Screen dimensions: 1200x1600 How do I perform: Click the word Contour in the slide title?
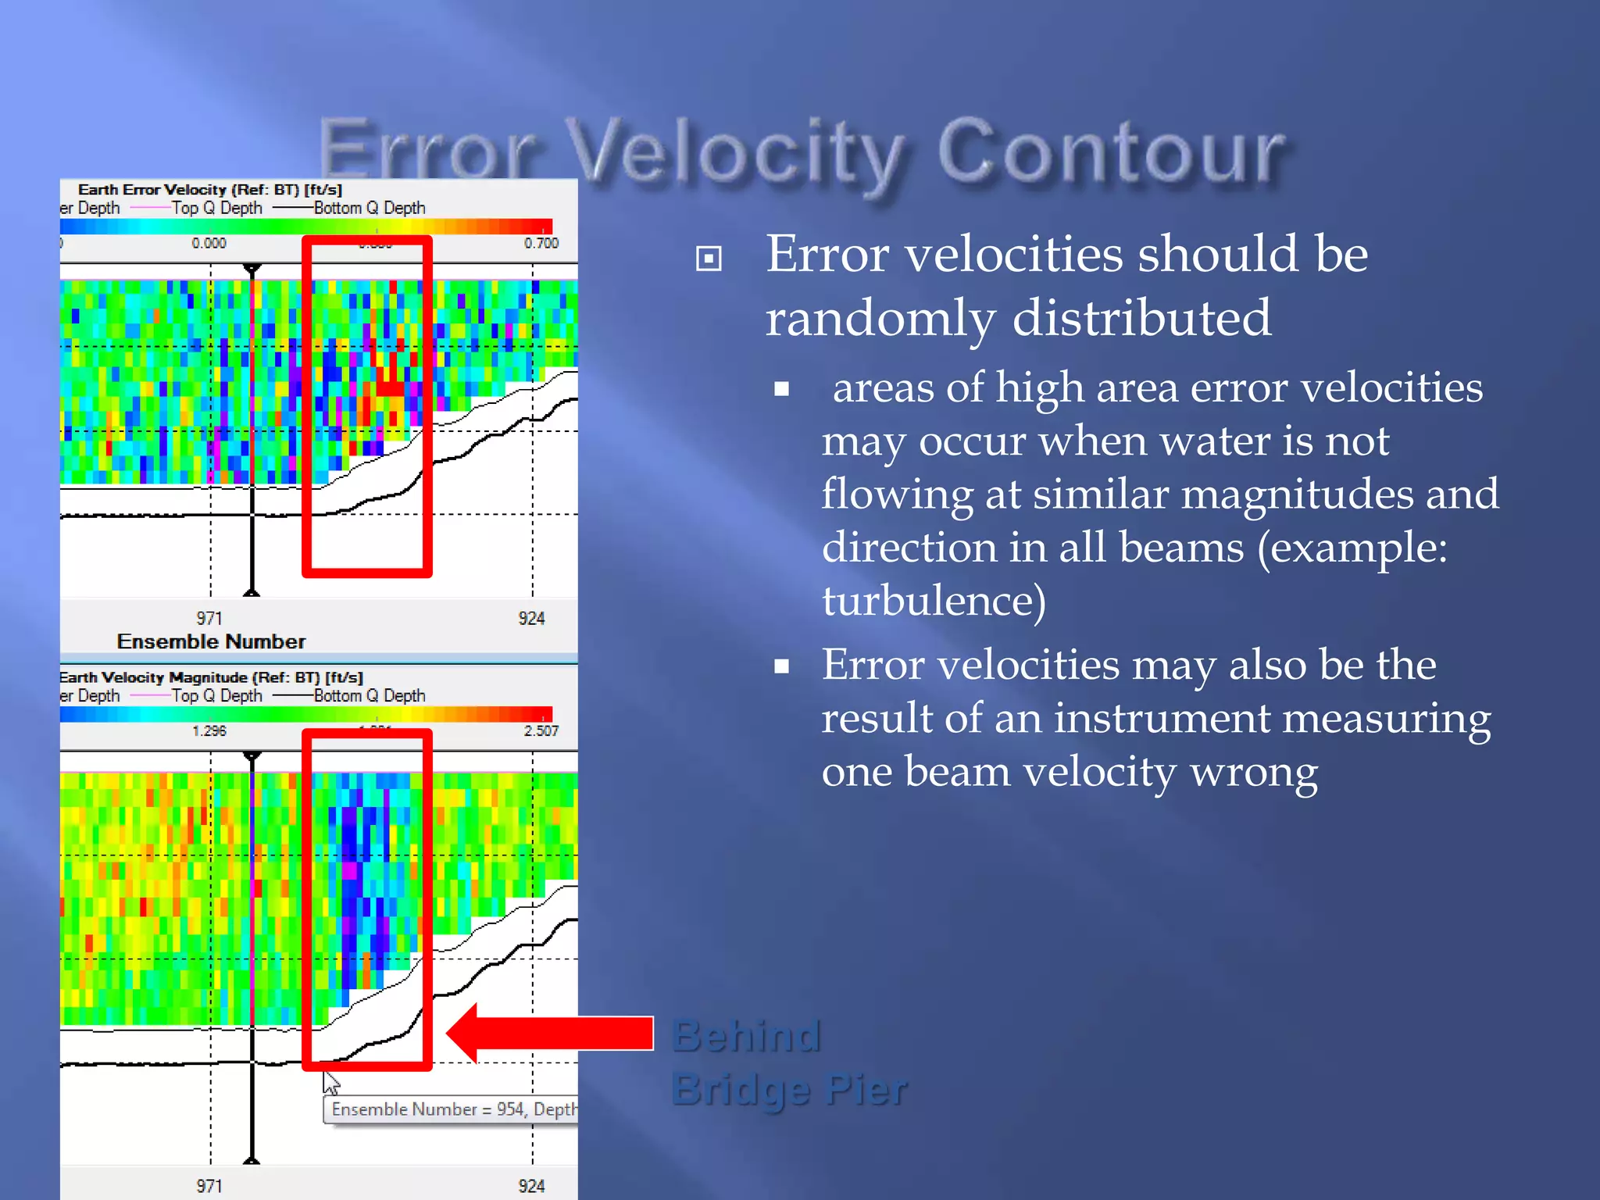coord(1109,152)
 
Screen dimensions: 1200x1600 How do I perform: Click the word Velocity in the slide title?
coord(734,152)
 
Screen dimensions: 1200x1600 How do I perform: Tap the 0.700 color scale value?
coord(541,244)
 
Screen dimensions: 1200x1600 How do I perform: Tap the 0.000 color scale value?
coord(209,244)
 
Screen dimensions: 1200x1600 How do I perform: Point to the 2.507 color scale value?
coord(541,731)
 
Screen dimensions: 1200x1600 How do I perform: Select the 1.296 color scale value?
coord(209,731)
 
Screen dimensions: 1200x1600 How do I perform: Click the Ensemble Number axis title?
coord(211,641)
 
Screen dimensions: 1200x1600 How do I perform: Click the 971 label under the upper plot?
coord(209,618)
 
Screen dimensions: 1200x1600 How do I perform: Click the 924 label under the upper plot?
coord(531,618)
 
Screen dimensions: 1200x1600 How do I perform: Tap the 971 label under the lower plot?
coord(209,1185)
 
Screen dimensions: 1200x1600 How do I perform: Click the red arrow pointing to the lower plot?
coord(551,1033)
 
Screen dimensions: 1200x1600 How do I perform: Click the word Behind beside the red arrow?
coord(746,1036)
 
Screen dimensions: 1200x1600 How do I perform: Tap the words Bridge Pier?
coord(789,1089)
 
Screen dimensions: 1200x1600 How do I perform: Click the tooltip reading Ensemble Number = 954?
coord(452,1109)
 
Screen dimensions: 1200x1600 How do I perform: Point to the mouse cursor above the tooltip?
coord(330,1082)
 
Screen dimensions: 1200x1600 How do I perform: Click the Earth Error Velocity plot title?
coord(209,190)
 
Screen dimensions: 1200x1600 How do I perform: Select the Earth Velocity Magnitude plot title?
coord(211,677)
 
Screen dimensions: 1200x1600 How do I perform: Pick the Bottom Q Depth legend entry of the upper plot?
coord(369,209)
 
